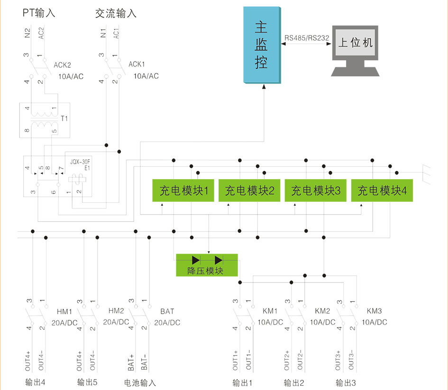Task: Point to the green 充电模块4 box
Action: [x=382, y=190]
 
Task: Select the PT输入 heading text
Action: [x=39, y=13]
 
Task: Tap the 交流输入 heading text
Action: [x=116, y=13]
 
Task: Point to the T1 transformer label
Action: [x=65, y=119]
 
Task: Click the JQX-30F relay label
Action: [x=80, y=161]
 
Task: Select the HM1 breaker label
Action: [x=64, y=312]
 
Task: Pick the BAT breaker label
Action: [x=167, y=311]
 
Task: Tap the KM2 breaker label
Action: [x=322, y=311]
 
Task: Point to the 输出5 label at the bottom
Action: [x=88, y=382]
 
